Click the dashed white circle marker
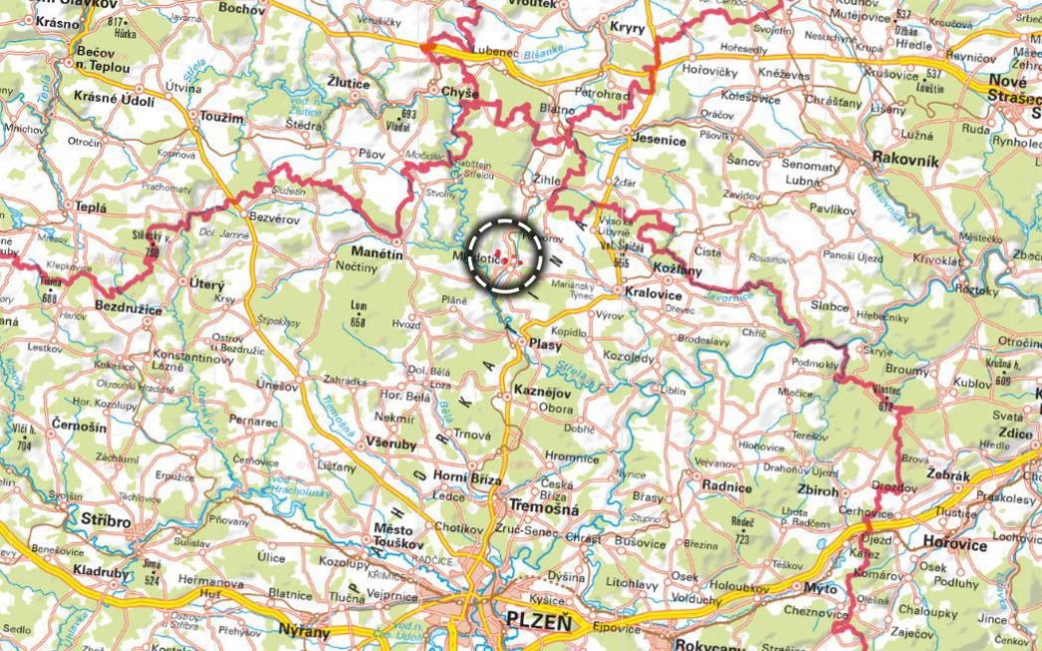point(505,255)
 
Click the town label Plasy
point(546,345)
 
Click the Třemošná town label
point(543,508)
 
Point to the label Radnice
point(727,488)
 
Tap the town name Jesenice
point(659,141)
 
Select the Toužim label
point(221,117)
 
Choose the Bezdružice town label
point(128,310)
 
